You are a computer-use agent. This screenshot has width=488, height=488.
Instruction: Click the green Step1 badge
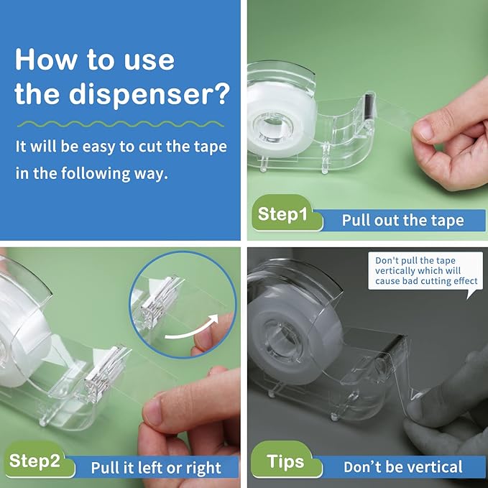283,214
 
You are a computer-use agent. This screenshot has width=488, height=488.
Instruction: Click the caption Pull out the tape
402,220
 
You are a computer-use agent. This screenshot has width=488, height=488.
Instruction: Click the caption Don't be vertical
402,467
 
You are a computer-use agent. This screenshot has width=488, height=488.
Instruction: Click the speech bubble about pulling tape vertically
425,271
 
